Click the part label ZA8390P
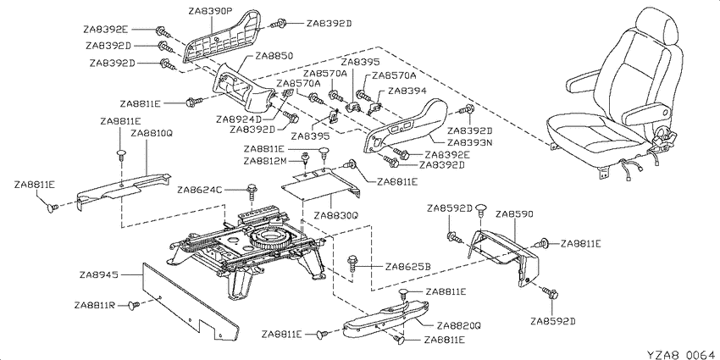(211, 10)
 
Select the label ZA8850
(274, 57)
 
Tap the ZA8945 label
(99, 275)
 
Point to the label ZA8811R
(95, 305)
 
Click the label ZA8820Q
(459, 325)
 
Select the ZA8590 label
(514, 214)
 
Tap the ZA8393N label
(470, 142)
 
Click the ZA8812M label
(266, 161)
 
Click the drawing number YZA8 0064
(682, 354)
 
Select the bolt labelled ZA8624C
(252, 191)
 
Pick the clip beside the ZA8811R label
(135, 304)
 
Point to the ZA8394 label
(407, 91)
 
